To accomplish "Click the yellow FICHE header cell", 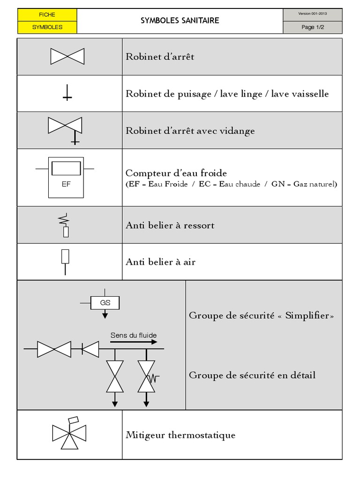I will pyautogui.click(x=47, y=15).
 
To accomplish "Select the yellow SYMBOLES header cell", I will pyautogui.click(x=47, y=27).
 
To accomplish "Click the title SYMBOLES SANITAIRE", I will pyautogui.click(x=180, y=21).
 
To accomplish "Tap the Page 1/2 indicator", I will pyautogui.click(x=313, y=27).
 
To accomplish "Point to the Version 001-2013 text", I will pyautogui.click(x=313, y=14).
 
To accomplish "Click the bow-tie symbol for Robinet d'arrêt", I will pyautogui.click(x=67, y=57).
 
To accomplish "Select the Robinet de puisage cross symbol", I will pyautogui.click(x=67, y=95).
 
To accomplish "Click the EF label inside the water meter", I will pyautogui.click(x=66, y=184).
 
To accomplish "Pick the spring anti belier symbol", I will pyautogui.click(x=65, y=225).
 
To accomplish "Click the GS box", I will pyautogui.click(x=105, y=303).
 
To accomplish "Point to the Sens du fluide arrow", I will pyautogui.click(x=134, y=342).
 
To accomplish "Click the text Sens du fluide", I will pyautogui.click(x=134, y=335).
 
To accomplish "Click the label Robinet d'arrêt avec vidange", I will pyautogui.click(x=190, y=131).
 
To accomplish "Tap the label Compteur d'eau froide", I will pyautogui.click(x=176, y=173).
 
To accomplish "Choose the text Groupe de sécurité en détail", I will pyautogui.click(x=252, y=375).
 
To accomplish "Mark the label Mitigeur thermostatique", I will pyautogui.click(x=180, y=435).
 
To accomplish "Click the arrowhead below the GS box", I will pyautogui.click(x=105, y=316).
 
